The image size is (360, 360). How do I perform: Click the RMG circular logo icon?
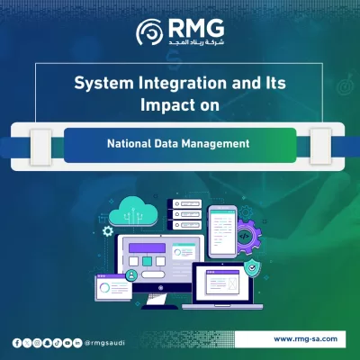149,33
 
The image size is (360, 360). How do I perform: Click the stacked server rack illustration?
184,215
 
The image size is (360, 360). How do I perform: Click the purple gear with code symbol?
246,237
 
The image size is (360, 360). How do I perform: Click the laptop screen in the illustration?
221,285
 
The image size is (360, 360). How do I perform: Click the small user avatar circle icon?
132,274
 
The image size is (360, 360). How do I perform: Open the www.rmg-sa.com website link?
305,338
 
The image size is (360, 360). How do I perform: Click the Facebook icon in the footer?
16,343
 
